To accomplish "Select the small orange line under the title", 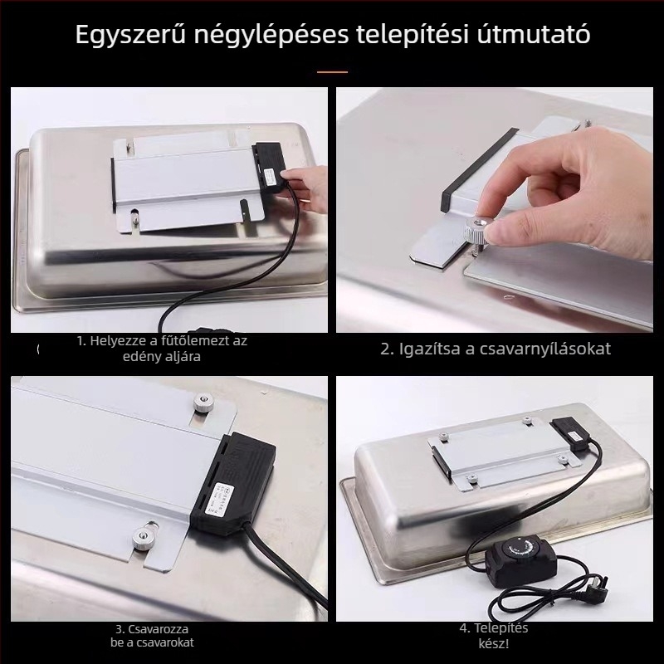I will click(x=332, y=72).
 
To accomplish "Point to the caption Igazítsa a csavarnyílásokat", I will click(x=496, y=349).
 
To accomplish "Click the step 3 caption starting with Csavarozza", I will click(x=157, y=635).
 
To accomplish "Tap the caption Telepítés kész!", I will click(x=493, y=635).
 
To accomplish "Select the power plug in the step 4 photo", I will click(x=599, y=579).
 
